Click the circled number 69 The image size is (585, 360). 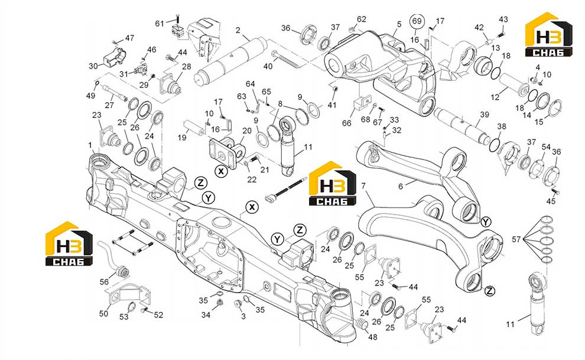click(x=417, y=21)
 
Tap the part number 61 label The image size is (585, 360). click(x=160, y=24)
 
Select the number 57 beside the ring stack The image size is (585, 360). click(x=516, y=239)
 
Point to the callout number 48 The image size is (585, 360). click(x=373, y=337)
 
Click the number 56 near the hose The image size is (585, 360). click(x=104, y=281)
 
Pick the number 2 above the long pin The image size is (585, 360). click(x=238, y=30)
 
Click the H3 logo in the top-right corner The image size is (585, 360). click(x=548, y=34)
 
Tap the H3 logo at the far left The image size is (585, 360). click(x=69, y=244)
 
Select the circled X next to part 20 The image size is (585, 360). click(x=221, y=171)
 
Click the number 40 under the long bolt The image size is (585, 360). click(x=268, y=66)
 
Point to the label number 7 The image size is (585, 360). click(x=363, y=186)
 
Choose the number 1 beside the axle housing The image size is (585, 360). click(x=90, y=145)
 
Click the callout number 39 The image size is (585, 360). click(x=485, y=115)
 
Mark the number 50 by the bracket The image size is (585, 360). click(x=103, y=313)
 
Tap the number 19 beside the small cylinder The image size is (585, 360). click(x=181, y=138)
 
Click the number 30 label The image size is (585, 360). click(x=93, y=66)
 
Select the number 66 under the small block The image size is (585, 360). click(x=347, y=123)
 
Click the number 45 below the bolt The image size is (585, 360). click(x=551, y=201)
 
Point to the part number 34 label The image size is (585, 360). click(x=206, y=315)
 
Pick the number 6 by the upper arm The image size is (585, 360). click(x=400, y=186)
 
